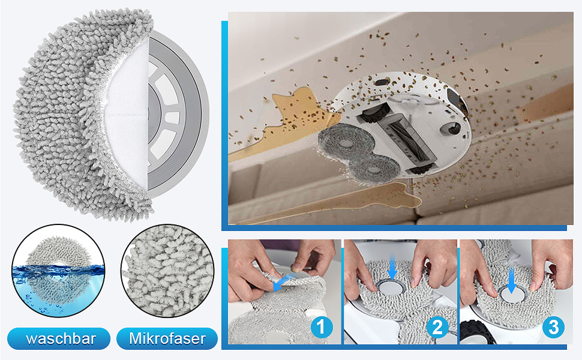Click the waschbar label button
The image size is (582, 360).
[59, 338]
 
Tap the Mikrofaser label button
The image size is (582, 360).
[167, 338]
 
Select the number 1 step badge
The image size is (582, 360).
[321, 327]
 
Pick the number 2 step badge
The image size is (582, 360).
[437, 327]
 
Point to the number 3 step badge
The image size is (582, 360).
[553, 327]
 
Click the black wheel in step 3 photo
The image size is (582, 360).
[476, 332]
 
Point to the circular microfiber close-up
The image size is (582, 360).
[167, 271]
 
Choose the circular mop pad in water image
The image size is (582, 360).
[58, 271]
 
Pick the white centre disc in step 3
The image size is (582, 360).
[511, 295]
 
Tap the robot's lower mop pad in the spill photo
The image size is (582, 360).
[375, 168]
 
